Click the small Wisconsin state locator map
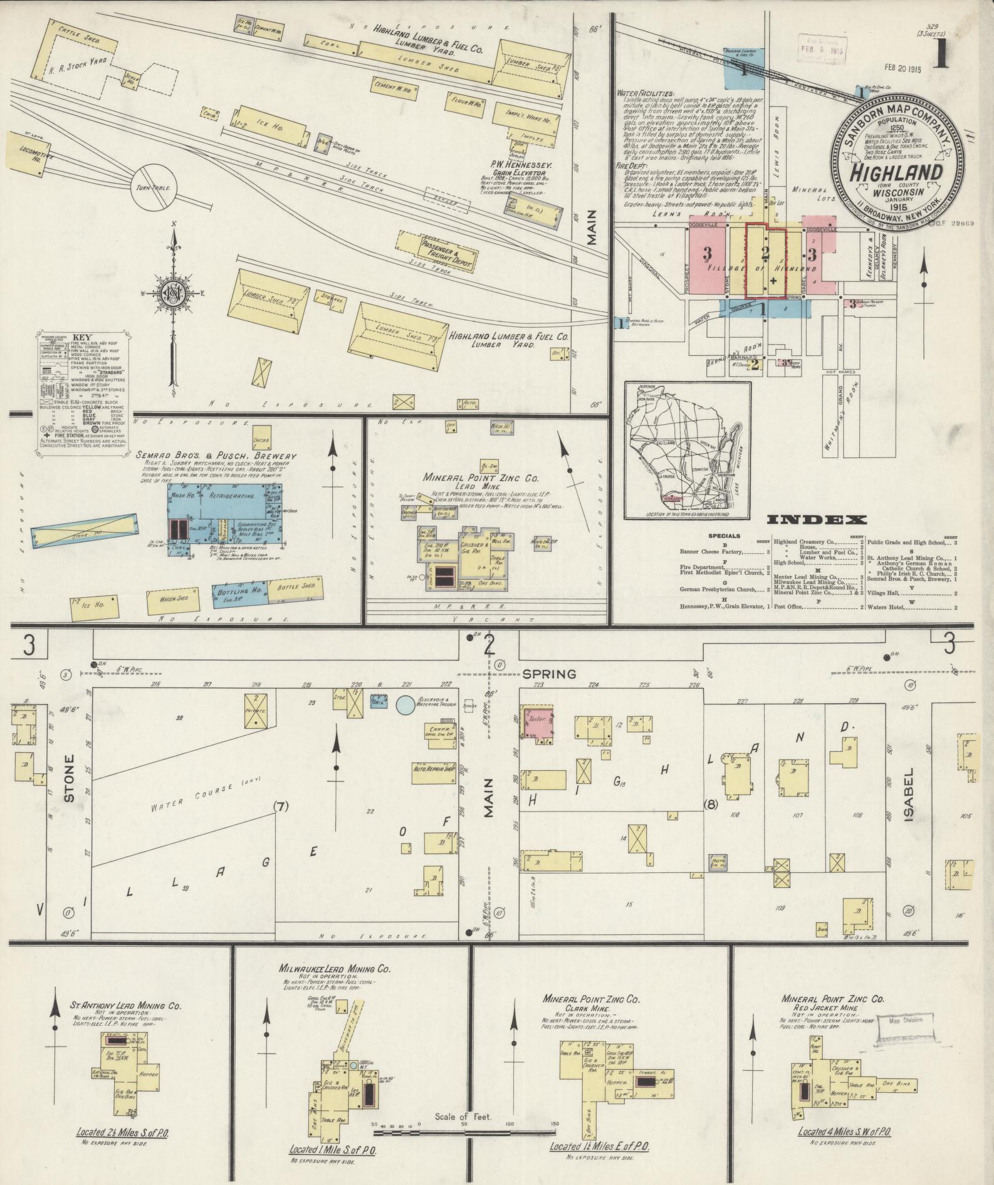click(x=688, y=451)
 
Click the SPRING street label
click(x=548, y=674)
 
